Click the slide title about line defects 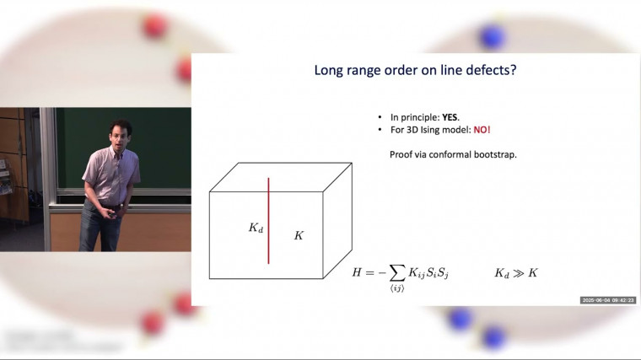coord(415,71)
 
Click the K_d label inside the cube coord(256,228)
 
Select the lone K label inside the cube coord(298,236)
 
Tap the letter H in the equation coord(358,272)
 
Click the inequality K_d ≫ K coord(515,272)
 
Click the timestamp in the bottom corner coord(607,300)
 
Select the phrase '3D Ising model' coord(439,132)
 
